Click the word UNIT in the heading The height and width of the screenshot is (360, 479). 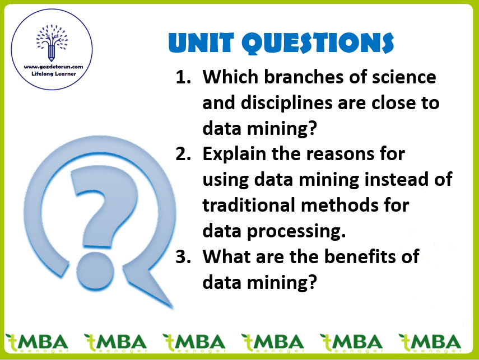201,43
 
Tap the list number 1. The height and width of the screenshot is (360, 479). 183,77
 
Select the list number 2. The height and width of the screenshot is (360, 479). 183,154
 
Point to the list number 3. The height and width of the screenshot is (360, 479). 183,256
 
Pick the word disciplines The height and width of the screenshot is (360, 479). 287,103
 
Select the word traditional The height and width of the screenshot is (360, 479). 249,205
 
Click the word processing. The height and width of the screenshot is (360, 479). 296,232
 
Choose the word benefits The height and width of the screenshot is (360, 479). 361,256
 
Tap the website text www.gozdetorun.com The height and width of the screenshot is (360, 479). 53,67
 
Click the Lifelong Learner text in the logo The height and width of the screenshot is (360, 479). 53,73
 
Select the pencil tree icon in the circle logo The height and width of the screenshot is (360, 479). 52,43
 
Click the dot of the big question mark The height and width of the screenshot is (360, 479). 95,270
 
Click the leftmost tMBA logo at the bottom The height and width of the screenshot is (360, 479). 37,343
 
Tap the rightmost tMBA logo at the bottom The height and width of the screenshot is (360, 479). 430,343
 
